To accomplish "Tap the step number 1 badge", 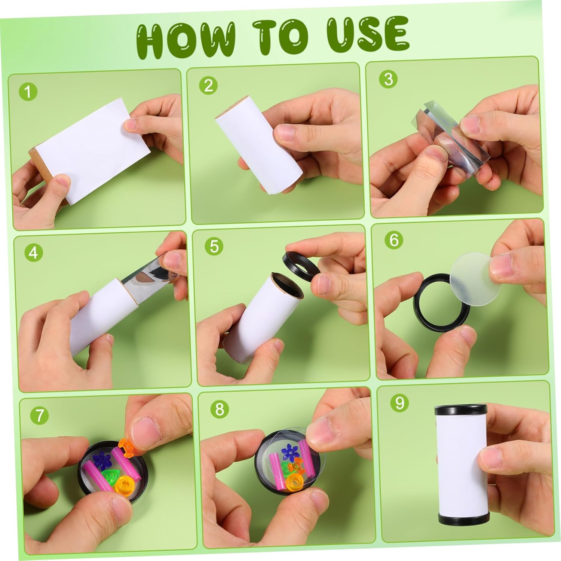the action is [x=28, y=92].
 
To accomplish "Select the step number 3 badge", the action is [x=388, y=79].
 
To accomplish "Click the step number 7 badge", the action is [x=39, y=416].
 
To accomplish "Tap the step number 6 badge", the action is [x=394, y=240].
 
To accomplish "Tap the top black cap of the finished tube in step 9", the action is [x=460, y=411].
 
